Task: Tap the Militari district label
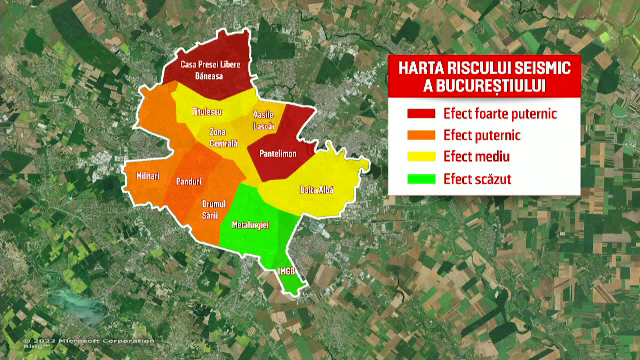[x=148, y=176]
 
